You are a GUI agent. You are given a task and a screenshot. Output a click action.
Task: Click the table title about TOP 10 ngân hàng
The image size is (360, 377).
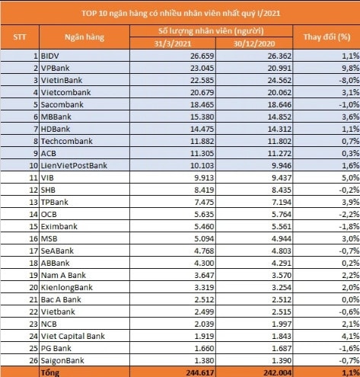click(180, 13)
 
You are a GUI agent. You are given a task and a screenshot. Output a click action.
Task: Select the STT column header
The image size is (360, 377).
click(19, 37)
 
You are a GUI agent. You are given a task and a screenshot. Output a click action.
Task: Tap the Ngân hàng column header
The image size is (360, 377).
click(84, 37)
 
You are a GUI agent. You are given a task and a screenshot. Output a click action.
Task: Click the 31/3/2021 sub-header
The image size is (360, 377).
click(173, 43)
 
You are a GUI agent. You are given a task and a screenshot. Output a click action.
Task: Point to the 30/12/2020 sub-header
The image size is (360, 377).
click(254, 43)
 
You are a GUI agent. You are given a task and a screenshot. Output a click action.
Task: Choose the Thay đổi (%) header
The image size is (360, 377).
click(327, 37)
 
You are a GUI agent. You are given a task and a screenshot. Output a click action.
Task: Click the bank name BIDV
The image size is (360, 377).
click(50, 56)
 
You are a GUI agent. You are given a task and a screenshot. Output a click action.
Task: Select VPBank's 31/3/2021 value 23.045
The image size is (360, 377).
click(202, 68)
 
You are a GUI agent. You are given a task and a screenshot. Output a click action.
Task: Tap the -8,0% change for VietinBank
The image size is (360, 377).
click(349, 80)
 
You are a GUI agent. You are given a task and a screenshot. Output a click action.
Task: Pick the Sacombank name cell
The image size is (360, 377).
click(62, 104)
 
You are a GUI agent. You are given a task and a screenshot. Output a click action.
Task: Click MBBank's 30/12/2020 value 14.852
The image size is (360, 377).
click(279, 117)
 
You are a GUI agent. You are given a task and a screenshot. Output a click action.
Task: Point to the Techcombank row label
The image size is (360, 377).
click(67, 141)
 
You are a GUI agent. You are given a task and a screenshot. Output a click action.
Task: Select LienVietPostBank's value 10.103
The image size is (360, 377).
click(202, 165)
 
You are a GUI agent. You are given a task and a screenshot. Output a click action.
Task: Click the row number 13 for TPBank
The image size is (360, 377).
click(33, 202)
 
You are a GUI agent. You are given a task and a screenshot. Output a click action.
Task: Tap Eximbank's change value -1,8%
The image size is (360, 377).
click(349, 226)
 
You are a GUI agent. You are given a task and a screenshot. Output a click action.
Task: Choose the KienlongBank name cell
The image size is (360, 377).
click(67, 287)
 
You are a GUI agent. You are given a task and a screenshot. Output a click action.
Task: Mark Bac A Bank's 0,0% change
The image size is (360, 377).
click(351, 299)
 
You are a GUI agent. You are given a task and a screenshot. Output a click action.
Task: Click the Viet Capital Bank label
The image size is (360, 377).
click(73, 336)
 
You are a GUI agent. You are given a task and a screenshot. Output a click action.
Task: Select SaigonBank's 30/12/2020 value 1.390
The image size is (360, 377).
click(282, 360)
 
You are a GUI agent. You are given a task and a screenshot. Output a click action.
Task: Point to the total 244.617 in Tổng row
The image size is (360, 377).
click(200, 372)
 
